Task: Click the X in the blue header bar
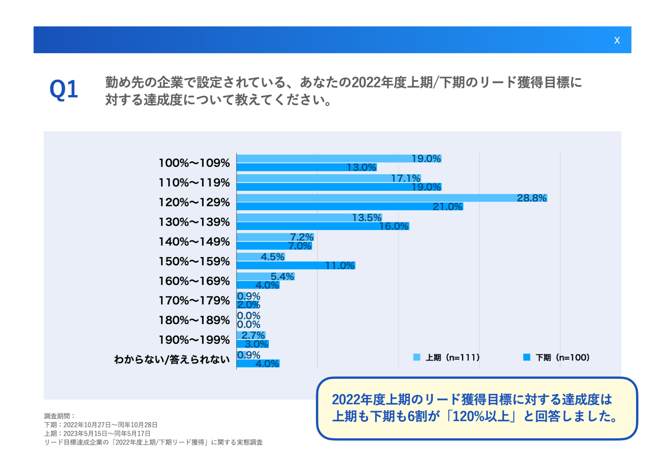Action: tap(617, 41)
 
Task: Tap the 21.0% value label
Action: tap(447, 207)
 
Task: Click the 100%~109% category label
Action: tap(194, 163)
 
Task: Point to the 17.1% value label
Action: tap(405, 178)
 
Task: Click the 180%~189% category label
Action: tap(194, 320)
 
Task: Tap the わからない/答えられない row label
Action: tap(172, 359)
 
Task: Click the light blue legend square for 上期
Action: tap(416, 357)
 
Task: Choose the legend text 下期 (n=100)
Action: tap(563, 357)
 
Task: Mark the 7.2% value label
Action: tap(301, 237)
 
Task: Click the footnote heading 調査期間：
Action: tap(60, 416)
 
